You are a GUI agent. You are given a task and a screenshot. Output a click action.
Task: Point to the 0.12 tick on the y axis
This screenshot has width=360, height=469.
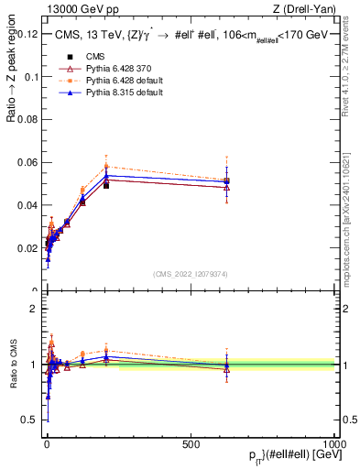27,34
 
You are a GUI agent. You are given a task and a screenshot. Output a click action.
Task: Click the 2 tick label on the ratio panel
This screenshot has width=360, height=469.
33,309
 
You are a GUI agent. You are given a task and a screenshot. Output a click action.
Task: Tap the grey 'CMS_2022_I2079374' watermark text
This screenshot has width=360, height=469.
191,274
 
